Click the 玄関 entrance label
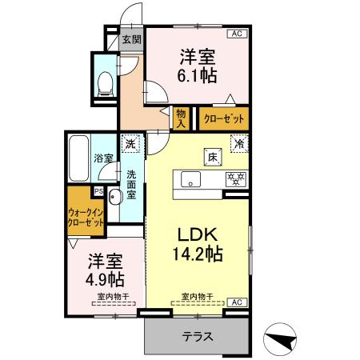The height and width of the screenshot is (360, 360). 131,39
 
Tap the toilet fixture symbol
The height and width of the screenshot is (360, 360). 105,83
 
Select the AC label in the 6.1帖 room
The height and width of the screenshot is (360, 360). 237,34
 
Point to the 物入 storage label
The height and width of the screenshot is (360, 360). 181,119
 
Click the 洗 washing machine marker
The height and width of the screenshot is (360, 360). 130,145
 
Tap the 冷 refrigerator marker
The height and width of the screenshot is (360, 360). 238,145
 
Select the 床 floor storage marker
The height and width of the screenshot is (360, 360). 211,156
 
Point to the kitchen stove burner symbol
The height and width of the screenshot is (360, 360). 235,178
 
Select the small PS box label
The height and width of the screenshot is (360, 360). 98,190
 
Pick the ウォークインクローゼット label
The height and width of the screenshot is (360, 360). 86,217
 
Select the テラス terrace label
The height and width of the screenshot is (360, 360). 196,337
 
